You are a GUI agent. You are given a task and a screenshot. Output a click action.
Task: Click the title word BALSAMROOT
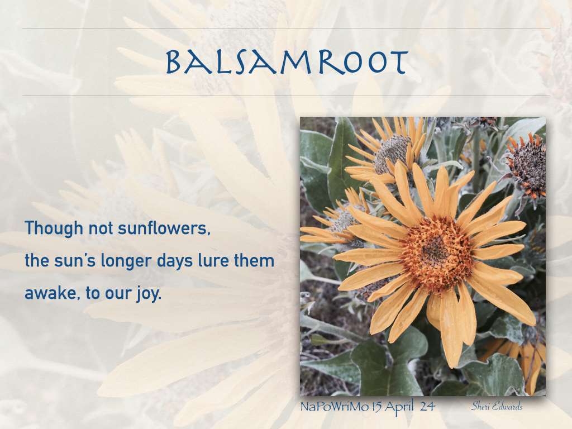[287, 63]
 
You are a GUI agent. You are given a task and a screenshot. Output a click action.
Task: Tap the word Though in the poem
[54, 228]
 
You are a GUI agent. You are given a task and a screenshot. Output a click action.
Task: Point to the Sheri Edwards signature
[497, 406]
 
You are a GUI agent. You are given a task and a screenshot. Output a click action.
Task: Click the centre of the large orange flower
[436, 252]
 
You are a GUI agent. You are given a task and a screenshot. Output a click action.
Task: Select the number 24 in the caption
[427, 407]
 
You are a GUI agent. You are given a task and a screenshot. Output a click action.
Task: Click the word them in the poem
[254, 260]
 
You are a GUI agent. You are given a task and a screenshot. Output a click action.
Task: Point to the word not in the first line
[101, 228]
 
